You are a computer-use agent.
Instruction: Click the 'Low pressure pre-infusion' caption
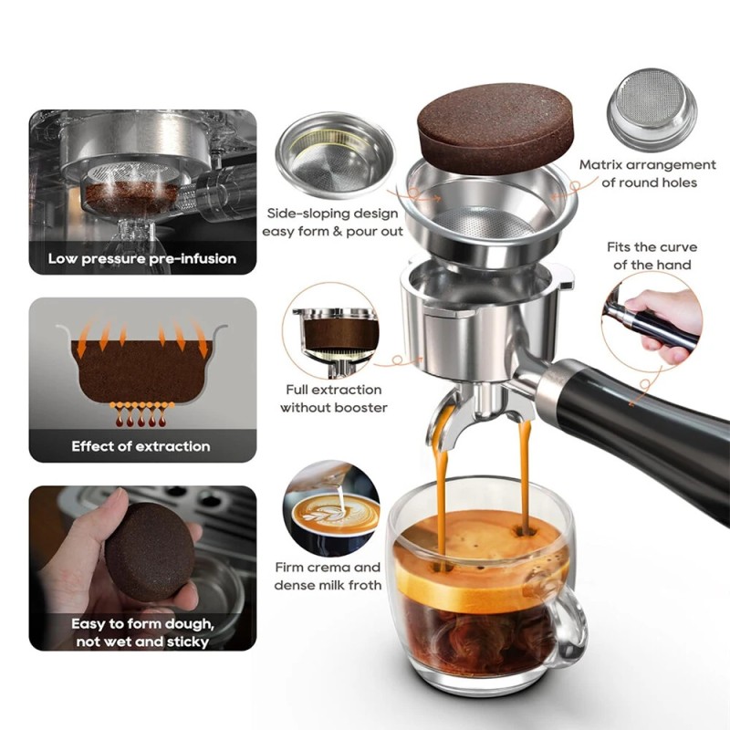[142, 258]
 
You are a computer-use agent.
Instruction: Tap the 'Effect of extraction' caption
[141, 446]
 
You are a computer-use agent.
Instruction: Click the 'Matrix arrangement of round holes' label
[647, 173]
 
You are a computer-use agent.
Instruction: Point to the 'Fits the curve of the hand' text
[652, 255]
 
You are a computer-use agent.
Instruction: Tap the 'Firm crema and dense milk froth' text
[328, 576]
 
